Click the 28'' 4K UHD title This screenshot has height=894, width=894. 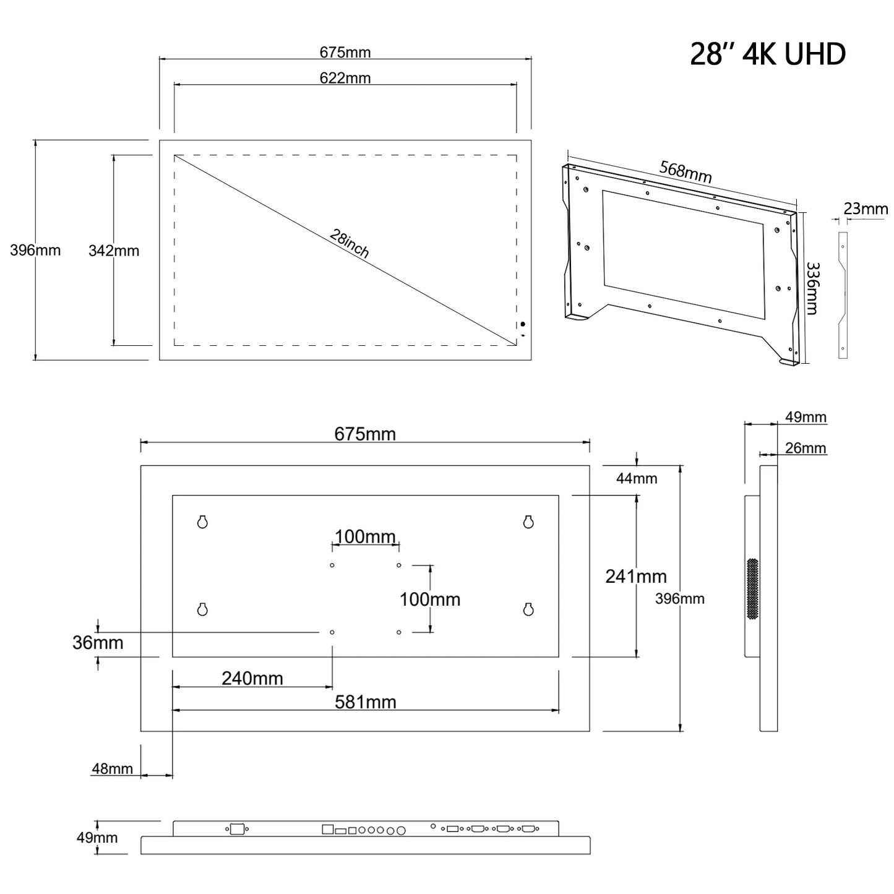tap(767, 54)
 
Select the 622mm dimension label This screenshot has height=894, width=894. tap(345, 78)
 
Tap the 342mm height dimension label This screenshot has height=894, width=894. tap(114, 251)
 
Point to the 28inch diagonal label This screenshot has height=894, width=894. tap(350, 243)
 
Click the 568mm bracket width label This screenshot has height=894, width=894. tap(686, 171)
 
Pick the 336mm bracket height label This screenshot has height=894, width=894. tap(812, 288)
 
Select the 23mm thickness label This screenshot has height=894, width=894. tap(866, 208)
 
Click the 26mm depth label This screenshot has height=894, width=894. tap(806, 448)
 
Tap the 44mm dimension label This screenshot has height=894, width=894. tap(637, 478)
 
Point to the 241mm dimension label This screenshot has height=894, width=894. tap(635, 576)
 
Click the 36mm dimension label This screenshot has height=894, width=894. tap(97, 643)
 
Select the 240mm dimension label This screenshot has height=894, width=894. tap(252, 678)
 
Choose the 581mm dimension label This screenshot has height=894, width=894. tap(365, 702)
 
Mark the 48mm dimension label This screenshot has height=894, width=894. tap(112, 769)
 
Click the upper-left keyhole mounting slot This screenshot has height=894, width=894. tap(202, 522)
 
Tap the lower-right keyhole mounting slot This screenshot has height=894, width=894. tap(528, 609)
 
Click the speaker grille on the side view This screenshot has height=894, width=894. tap(752, 589)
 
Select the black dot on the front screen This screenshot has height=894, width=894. tap(523, 324)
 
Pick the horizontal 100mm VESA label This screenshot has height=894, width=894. tap(365, 536)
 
